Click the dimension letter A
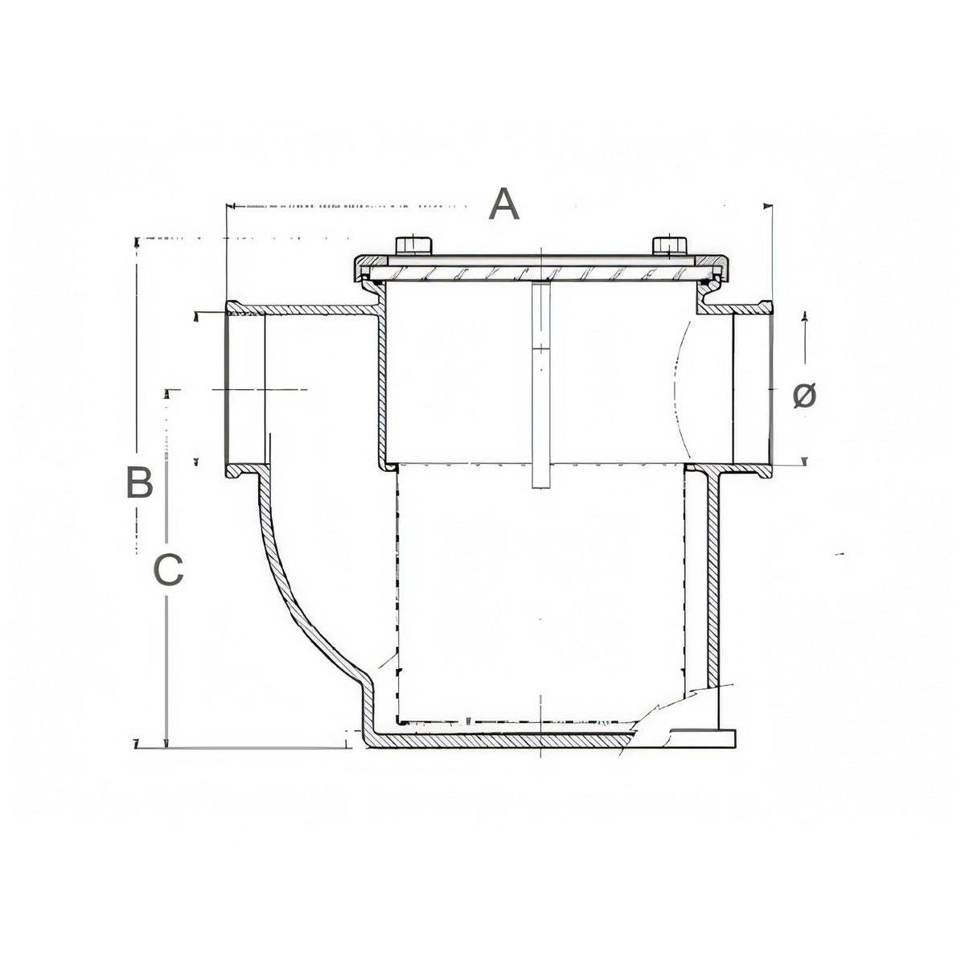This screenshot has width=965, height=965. click(503, 203)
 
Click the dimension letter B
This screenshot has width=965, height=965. click(139, 482)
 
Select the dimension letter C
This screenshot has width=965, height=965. click(168, 569)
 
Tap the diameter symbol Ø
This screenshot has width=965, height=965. click(804, 396)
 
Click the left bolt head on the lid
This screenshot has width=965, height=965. click(413, 245)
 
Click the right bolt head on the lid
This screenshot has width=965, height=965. click(670, 245)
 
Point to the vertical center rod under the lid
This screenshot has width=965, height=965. click(541, 384)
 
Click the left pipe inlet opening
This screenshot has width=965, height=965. click(245, 389)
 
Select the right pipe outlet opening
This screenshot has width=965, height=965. click(752, 389)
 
